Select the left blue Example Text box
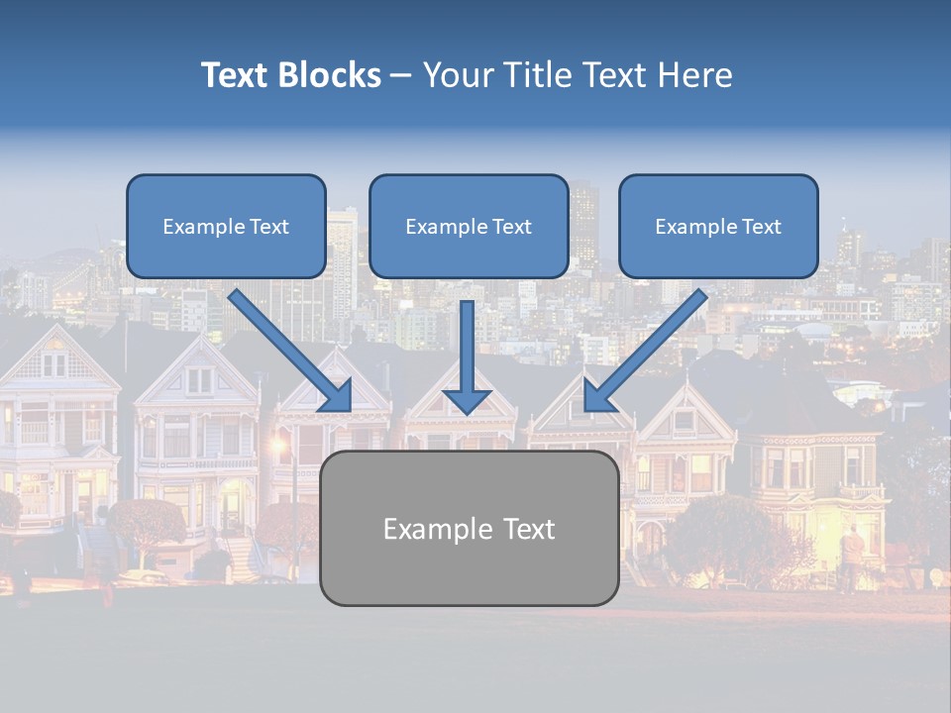(226, 226)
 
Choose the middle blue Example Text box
(469, 226)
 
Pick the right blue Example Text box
(718, 226)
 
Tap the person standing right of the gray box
(851, 555)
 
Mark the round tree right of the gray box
(718, 535)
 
